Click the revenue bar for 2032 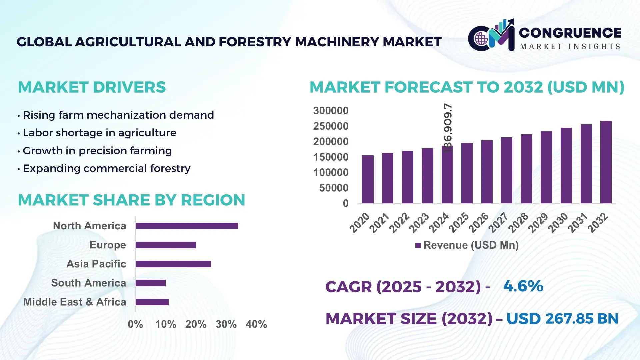(x=606, y=162)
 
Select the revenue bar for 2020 (x=368, y=179)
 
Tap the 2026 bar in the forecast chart (x=487, y=172)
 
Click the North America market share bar (x=187, y=226)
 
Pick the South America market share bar (x=150, y=283)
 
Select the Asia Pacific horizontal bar (x=173, y=264)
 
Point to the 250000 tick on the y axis (x=331, y=126)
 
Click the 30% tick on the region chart (x=226, y=324)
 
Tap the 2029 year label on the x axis (x=538, y=223)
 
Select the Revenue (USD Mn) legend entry (x=467, y=245)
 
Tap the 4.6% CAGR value (x=523, y=286)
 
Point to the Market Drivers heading (x=92, y=87)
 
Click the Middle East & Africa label (x=75, y=302)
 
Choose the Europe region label (x=108, y=245)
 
